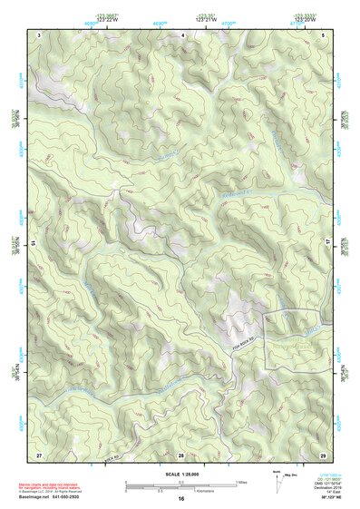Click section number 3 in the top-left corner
pos(40,34)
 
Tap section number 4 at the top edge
pos(184,34)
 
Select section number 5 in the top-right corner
pos(322,34)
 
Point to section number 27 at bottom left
pos(39,453)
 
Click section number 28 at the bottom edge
pos(181,453)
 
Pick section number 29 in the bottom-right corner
pos(322,453)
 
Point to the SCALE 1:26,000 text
pos(180,474)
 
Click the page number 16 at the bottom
pos(181,498)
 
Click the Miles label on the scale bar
pos(241,481)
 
